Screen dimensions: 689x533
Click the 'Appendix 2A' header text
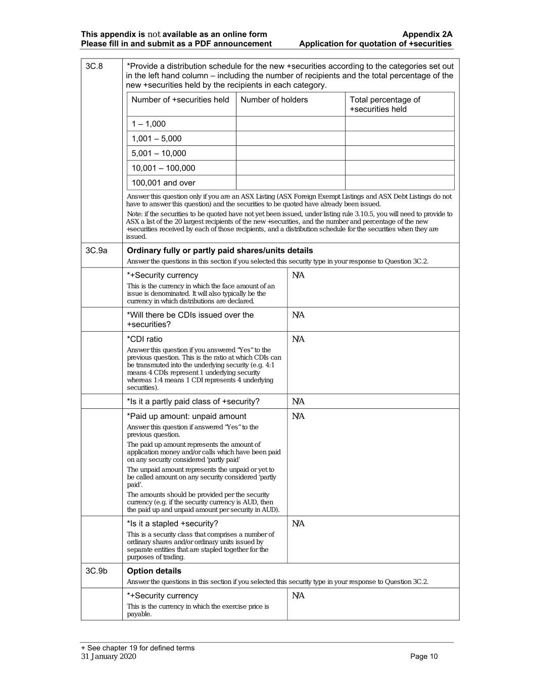pos(427,34)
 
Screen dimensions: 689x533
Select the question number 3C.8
pos(94,66)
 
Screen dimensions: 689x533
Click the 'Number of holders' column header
pos(274,100)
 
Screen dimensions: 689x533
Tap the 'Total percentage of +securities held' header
pos(384,104)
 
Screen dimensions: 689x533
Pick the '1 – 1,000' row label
pos(149,124)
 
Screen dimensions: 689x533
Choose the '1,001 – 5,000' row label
pos(157,139)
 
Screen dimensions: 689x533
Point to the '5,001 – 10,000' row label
pos(159,153)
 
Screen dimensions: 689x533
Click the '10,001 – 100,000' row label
pos(163,168)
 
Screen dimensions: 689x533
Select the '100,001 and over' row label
pos(163,183)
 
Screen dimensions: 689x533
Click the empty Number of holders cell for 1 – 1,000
pos(290,124)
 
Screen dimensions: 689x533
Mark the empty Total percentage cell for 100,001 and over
pos(399,183)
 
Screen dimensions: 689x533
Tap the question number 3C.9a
pos(96,250)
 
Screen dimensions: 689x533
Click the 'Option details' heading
pos(154,571)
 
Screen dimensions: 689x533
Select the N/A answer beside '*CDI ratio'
pos(298,339)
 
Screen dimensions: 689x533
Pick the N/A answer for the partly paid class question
pos(298,402)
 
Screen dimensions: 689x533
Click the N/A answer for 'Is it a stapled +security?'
pos(298,524)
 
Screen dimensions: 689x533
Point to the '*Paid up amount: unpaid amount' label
pos(186,416)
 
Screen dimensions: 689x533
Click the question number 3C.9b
pos(96,571)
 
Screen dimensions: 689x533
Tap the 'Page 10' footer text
pos(424,657)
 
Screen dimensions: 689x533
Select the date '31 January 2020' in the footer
pos(109,657)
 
